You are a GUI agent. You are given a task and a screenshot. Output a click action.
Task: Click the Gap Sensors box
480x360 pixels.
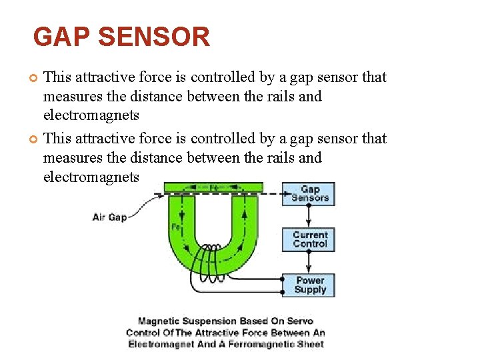point(309,193)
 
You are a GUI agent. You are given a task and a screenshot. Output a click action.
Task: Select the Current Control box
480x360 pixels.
point(309,239)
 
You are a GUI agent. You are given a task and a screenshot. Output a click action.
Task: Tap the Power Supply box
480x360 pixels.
point(309,285)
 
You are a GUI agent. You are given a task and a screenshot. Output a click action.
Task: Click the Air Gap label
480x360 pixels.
point(109,217)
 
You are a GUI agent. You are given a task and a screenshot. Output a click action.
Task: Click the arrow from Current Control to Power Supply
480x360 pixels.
point(309,261)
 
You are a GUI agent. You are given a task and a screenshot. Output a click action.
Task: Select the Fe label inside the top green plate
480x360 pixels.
point(214,187)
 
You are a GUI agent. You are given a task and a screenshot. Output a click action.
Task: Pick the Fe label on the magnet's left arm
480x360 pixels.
point(175,227)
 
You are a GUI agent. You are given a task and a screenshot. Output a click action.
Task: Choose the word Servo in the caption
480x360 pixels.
point(299,321)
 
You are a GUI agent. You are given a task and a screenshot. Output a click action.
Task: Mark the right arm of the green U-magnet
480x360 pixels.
point(245,220)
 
